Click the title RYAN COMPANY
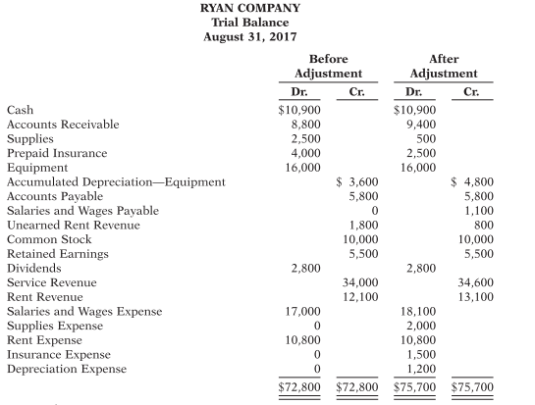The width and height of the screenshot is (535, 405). tap(267, 8)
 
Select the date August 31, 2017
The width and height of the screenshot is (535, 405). tap(267, 37)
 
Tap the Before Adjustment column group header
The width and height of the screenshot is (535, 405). tap(328, 66)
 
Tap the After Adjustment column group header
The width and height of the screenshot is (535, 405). tap(444, 66)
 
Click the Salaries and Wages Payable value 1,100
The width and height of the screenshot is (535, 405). tap(476, 211)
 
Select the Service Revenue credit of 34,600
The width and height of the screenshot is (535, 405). tap(473, 282)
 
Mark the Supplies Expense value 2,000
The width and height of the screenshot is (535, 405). tap(418, 326)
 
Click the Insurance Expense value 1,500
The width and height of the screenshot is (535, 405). tap(418, 354)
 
